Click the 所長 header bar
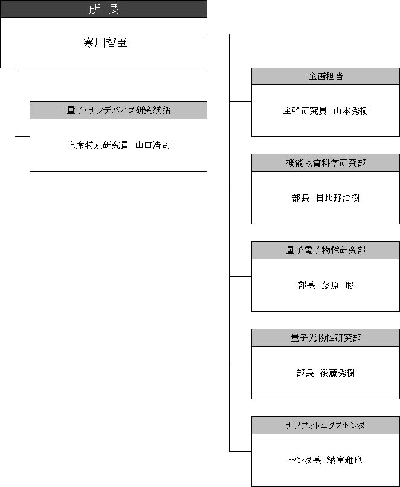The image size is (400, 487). pos(103,8)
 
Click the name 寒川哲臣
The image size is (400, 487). pos(105,43)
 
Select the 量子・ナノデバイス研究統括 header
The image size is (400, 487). pos(118,110)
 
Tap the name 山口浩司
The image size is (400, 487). pos(153,145)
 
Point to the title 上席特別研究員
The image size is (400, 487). pos(98,145)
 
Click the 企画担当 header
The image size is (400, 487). pos(326,77)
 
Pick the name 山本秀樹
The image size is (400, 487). pos(351,111)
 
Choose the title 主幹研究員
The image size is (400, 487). pos(305,111)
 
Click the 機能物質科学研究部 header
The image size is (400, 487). pos(326,163)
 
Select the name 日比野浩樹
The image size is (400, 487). pos(338,198)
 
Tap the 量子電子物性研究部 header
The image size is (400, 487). pos(326,250)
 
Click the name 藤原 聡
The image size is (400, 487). pos(338,285)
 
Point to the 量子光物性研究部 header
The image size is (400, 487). pos(326,338)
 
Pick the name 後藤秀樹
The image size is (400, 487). pos(338,373)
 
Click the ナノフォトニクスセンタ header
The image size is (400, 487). pos(326,425)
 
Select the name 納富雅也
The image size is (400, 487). pos(344,460)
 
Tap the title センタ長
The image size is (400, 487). pos(305,460)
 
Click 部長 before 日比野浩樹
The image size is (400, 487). pos(301,198)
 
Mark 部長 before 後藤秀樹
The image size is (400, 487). pos(305,373)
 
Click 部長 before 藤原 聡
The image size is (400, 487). pos(307,285)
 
